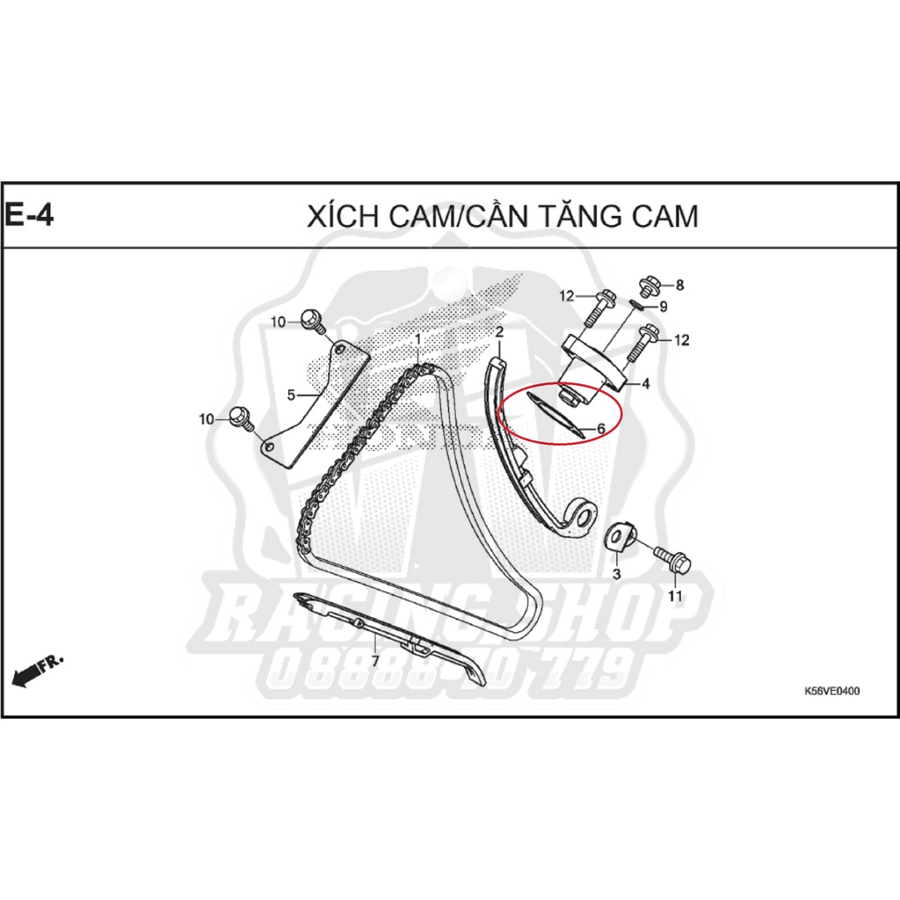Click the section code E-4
pos(30,215)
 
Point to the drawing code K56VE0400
pos(831,691)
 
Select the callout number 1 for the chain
pos(418,339)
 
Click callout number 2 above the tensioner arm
pos(498,332)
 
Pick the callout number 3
pos(616,574)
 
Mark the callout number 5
pos(291,396)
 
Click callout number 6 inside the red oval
pos(601,429)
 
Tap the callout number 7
pos(374,660)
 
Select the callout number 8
pos(679,285)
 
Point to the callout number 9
pos(664,307)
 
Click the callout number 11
pos(675,597)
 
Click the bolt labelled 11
pos(671,558)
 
